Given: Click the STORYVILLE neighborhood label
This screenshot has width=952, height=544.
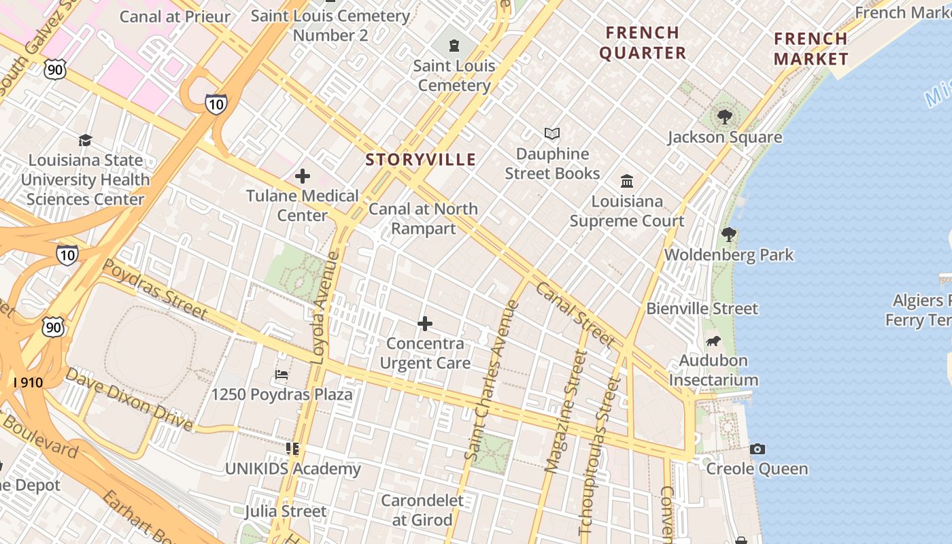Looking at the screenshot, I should point(420,160).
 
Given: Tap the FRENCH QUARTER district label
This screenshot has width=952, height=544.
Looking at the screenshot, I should point(643,42).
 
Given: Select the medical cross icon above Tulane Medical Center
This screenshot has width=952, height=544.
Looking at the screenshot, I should point(303,177).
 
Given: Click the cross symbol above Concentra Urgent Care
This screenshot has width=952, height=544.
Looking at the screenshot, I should point(425,324).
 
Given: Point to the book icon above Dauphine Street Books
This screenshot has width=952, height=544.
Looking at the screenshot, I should point(552,134).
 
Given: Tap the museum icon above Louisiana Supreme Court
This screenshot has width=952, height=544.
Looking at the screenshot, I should point(627,181).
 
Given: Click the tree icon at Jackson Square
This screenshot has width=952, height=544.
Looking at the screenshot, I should point(724,117).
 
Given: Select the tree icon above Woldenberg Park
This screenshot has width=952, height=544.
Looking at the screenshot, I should point(729,235).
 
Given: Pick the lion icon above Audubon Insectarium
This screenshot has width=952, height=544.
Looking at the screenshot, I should point(713,341).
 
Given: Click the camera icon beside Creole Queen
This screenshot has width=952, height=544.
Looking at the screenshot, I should point(757,449).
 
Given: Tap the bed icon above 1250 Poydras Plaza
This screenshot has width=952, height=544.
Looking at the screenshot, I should point(282,375).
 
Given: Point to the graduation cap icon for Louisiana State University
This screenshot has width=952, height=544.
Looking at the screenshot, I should point(85,140).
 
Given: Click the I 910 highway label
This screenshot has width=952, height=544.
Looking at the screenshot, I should point(28,383).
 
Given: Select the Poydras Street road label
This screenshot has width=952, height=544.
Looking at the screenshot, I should point(155,290).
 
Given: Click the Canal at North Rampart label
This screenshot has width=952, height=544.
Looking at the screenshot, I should point(423,218).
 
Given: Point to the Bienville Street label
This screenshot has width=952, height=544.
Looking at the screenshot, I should point(702,309).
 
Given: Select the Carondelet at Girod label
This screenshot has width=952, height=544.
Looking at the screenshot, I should point(422,510).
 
